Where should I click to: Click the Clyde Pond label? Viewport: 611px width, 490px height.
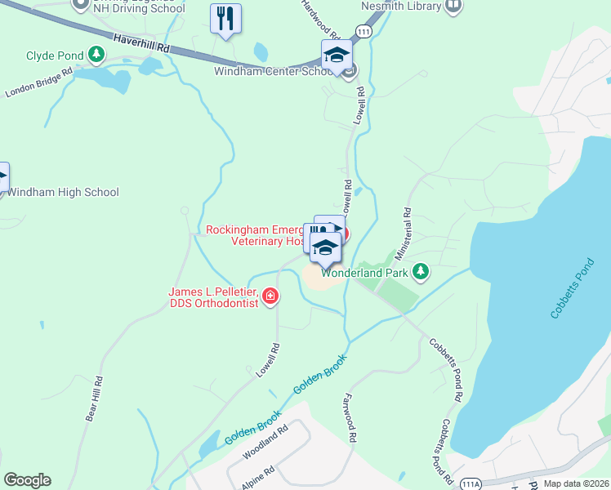click(55, 56)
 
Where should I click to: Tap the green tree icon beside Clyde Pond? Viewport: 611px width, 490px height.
click(97, 56)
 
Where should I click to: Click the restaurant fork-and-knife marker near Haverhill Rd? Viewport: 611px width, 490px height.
click(226, 19)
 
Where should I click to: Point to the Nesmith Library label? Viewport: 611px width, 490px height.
click(401, 6)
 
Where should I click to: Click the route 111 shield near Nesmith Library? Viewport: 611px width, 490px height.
click(364, 30)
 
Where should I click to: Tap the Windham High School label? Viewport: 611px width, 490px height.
click(63, 193)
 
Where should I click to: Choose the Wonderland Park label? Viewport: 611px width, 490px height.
click(364, 272)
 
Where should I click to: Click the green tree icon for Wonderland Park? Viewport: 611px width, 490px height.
click(421, 271)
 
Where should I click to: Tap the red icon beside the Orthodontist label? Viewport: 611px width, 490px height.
click(270, 296)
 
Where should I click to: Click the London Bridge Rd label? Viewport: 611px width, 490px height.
click(39, 81)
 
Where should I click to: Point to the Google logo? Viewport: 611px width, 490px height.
click(27, 480)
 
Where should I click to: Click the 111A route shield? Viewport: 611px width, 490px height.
click(471, 483)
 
